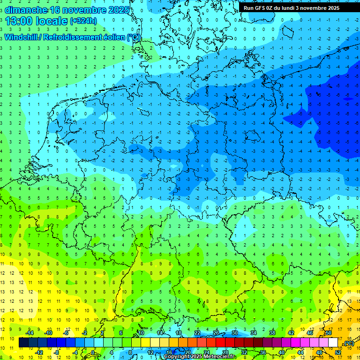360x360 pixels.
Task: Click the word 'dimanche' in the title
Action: pos(26,10)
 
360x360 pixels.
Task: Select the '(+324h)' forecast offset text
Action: pos(83,21)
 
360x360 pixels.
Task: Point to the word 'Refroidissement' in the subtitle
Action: pos(73,37)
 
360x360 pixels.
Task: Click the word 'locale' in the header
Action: pos(53,21)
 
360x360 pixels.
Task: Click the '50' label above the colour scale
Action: pos(329,333)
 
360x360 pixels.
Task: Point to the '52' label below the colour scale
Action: pos(338,352)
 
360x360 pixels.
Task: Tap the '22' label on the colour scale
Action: pos(197,333)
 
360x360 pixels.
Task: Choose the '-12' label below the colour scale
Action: pos(39,352)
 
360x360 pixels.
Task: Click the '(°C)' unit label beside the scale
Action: pos(348,343)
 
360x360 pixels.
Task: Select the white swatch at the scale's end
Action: pos(333,343)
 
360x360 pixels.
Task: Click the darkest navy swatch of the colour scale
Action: pos(23,343)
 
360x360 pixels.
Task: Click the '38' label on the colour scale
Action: pos(272,333)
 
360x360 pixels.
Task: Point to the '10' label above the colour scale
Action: pos(141,333)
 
